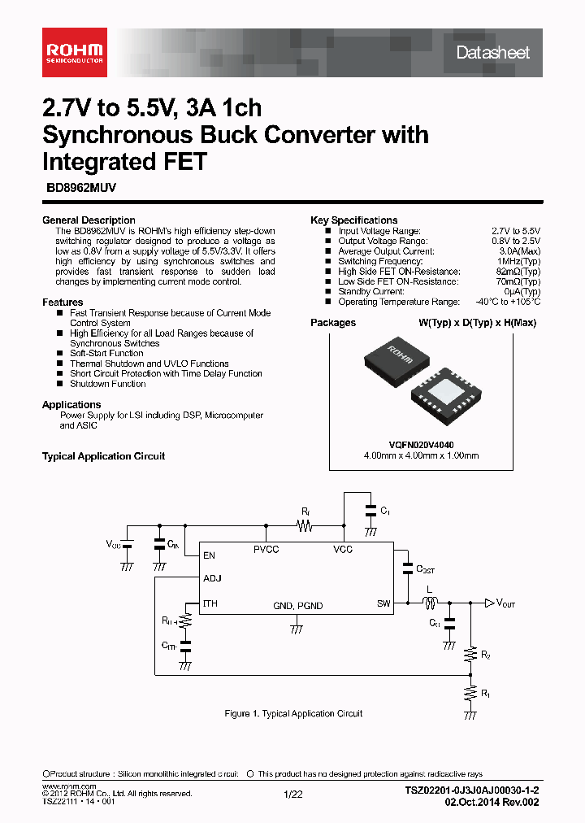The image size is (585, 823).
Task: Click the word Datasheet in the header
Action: pyautogui.click(x=492, y=53)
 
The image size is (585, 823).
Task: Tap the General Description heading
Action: pyautogui.click(x=89, y=220)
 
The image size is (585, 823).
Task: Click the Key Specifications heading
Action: pyautogui.click(x=354, y=220)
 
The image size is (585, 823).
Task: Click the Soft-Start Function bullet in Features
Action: pyautogui.click(x=106, y=354)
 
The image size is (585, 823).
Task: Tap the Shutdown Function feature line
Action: pyautogui.click(x=108, y=384)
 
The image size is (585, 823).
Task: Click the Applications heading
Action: pyautogui.click(x=71, y=405)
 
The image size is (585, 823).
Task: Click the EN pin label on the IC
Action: pyautogui.click(x=210, y=556)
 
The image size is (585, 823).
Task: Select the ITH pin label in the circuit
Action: pyautogui.click(x=210, y=603)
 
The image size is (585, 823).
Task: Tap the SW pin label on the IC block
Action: pyautogui.click(x=383, y=603)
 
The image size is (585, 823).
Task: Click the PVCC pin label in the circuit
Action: pyautogui.click(x=266, y=551)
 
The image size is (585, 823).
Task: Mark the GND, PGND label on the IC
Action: pyautogui.click(x=297, y=606)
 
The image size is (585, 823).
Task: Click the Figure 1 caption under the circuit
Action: pyautogui.click(x=293, y=713)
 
